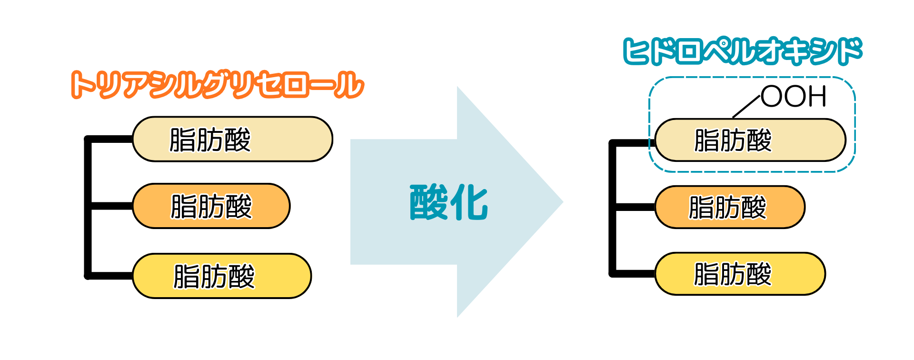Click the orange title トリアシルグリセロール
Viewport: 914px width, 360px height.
(x=218, y=85)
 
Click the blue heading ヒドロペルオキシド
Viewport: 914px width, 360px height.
(x=743, y=51)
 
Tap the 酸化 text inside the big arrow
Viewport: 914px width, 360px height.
(x=449, y=202)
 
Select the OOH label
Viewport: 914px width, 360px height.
(x=794, y=97)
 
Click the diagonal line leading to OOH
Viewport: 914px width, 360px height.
(x=746, y=106)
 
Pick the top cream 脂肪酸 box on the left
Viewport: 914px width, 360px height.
(x=232, y=139)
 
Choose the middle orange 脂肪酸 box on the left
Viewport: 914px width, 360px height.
(x=211, y=206)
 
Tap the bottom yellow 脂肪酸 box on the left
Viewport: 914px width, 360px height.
(x=222, y=276)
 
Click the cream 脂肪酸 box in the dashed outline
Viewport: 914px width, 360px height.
(x=750, y=140)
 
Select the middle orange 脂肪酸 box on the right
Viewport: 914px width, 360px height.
(x=730, y=207)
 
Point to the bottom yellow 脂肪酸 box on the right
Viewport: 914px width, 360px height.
(x=740, y=274)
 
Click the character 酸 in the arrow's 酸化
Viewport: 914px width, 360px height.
(x=428, y=202)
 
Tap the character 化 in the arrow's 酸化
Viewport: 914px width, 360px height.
(x=469, y=202)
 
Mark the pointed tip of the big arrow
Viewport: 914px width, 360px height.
(x=563, y=202)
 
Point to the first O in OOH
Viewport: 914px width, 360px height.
(x=772, y=97)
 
